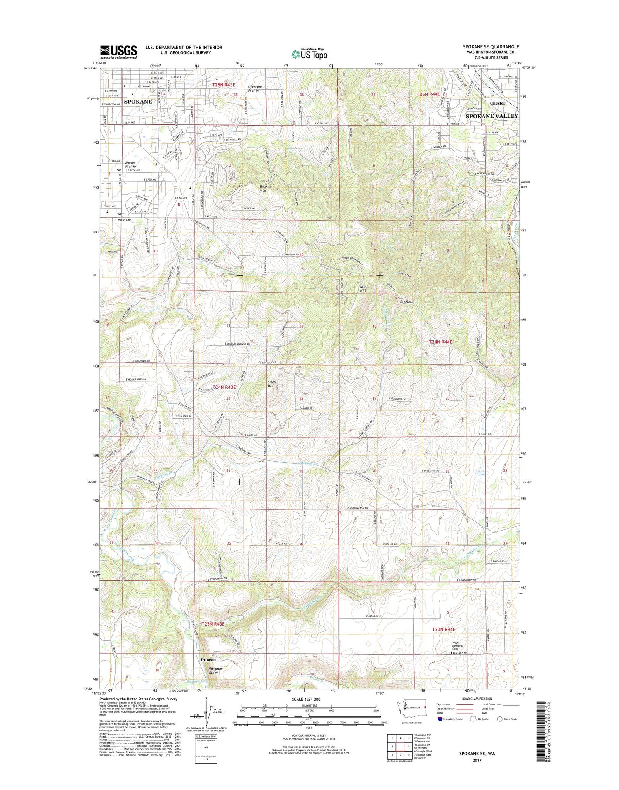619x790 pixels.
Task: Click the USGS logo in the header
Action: coord(118,52)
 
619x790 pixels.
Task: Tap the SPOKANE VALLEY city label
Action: coord(491,116)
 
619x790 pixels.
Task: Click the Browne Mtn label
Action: coord(265,188)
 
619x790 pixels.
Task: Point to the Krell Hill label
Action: coord(363,288)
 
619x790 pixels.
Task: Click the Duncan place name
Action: coord(208,660)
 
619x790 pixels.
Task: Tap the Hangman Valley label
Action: coord(215,671)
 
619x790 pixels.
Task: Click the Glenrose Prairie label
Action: coord(255,88)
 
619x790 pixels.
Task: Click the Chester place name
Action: coord(497,103)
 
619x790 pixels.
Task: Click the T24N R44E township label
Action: coord(440,342)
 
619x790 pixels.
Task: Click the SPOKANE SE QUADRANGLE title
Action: coord(491,47)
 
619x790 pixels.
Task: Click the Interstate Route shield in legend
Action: coord(440,719)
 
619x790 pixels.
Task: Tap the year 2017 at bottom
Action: coord(477,760)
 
